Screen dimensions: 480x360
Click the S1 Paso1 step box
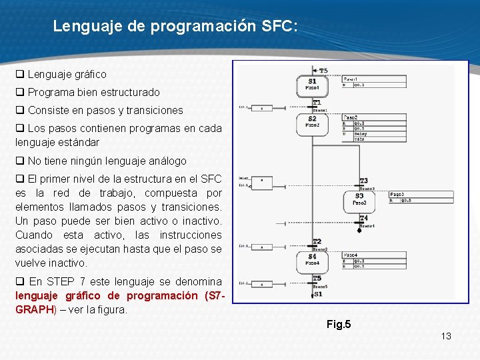(312, 85)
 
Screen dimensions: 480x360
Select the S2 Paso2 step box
(312, 123)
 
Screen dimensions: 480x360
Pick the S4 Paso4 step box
(312, 259)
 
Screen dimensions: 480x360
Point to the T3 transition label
(363, 181)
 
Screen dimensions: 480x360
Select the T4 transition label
(363, 219)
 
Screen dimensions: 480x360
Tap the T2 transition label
(317, 241)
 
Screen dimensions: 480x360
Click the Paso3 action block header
(397, 194)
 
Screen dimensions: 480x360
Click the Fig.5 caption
(338, 325)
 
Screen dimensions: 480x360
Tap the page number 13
(446, 336)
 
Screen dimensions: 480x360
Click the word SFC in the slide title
(277, 27)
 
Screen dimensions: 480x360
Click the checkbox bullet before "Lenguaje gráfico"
(20, 75)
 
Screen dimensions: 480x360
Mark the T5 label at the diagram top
(323, 70)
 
